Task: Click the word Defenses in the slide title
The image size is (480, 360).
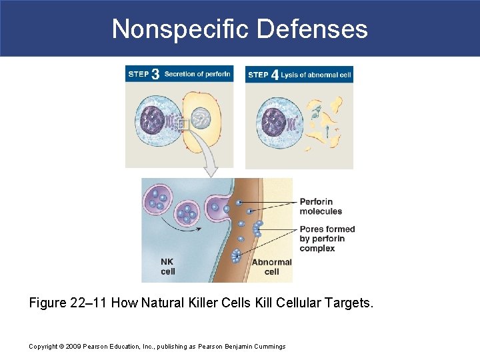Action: tap(312, 29)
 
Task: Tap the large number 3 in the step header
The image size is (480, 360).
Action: tap(155, 74)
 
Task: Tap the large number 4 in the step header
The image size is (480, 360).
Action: tap(275, 75)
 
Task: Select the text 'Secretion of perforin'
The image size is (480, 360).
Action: tap(197, 74)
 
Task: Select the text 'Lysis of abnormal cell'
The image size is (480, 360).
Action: tap(315, 75)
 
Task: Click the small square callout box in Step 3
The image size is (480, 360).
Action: tap(183, 125)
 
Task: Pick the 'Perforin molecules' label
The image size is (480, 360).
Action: tap(321, 206)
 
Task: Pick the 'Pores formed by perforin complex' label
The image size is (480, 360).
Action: tap(327, 239)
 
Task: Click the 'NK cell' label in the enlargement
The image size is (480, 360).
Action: tap(168, 267)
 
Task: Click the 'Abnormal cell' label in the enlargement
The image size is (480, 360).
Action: tap(271, 267)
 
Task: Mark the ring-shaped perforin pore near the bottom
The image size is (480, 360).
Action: tap(236, 255)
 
